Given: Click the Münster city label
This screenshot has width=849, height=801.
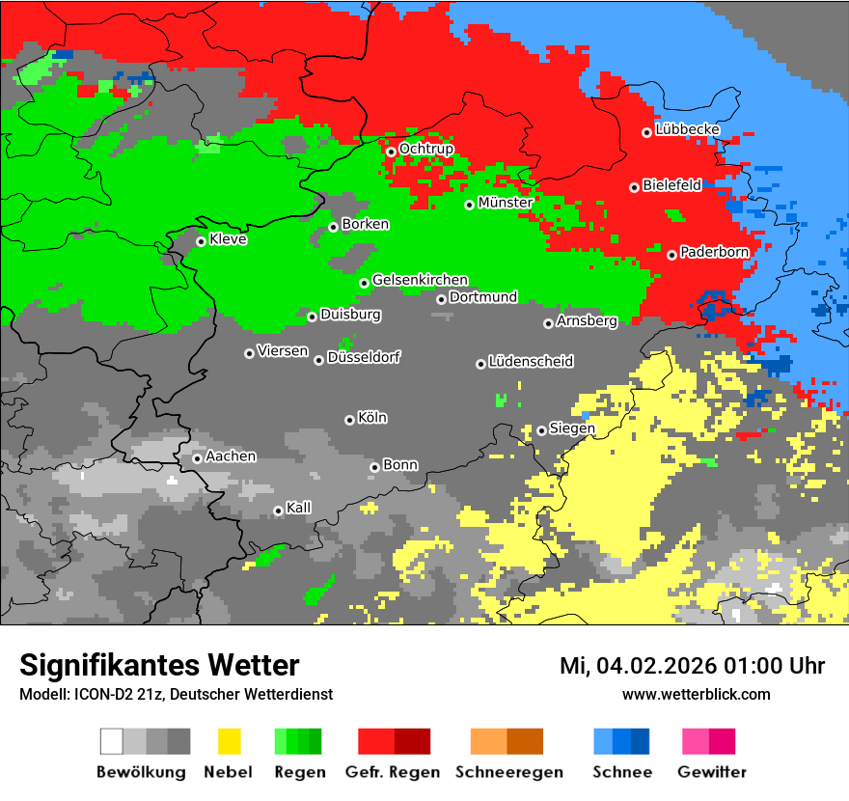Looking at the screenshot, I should pos(505,203).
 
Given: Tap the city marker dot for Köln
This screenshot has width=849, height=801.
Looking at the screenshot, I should pos(349,420).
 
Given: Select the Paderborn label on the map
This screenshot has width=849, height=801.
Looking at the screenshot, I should pos(714,252).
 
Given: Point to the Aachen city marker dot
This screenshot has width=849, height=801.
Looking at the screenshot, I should pos(197,458).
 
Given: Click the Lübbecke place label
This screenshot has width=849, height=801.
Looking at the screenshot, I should pos(687,129).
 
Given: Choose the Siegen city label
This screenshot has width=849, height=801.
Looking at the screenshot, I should pos(572,428).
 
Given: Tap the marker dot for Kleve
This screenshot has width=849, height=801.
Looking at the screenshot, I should pos(201,241).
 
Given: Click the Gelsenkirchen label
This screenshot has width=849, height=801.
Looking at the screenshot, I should pos(420,280).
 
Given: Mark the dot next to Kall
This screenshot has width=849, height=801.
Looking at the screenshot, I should pos(278,511).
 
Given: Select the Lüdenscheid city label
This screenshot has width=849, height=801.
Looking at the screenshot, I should pos(531,362).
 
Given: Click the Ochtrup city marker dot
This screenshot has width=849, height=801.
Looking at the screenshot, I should pos(391,152).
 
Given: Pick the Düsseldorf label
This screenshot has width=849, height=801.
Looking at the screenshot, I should pos(364,357).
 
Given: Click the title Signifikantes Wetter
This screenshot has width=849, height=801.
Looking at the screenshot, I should pos(159,665).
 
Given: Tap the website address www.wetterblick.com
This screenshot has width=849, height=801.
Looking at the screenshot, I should pos(696,694).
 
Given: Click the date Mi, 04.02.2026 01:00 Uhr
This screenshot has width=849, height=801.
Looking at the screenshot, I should pos(692,666).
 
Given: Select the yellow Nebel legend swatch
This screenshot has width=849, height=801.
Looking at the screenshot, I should pos(229,741).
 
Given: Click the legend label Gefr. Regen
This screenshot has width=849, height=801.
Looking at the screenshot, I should pos(393,772).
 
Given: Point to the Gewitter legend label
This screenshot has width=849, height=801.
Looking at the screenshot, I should pos(712,772).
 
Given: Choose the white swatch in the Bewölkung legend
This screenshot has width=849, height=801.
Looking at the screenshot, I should pos(112,741).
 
